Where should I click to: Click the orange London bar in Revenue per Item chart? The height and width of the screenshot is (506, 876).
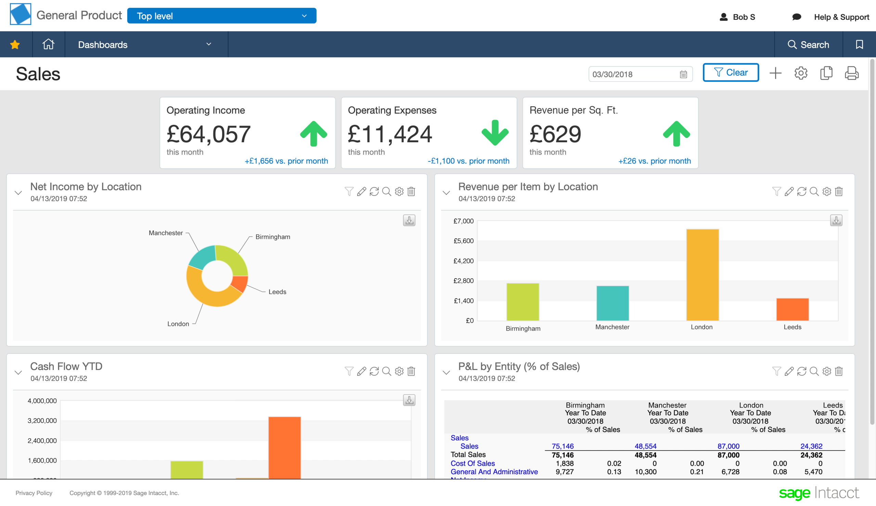click(x=702, y=274)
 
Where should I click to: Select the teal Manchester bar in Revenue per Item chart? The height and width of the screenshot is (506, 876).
click(x=613, y=303)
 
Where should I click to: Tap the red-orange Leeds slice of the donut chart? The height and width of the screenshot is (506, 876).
click(x=240, y=283)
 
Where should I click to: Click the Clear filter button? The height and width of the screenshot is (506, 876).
click(x=731, y=72)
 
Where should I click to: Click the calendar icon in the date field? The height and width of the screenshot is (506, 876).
click(x=683, y=74)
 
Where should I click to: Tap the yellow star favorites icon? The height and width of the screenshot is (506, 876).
click(x=15, y=44)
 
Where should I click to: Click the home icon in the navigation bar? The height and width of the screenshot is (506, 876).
click(x=48, y=44)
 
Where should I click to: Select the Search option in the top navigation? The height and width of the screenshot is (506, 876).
click(x=808, y=44)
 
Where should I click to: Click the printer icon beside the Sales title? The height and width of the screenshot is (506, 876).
click(x=851, y=73)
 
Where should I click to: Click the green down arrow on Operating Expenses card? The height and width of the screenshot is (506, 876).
click(x=495, y=133)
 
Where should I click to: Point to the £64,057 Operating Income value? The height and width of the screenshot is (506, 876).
click(x=209, y=134)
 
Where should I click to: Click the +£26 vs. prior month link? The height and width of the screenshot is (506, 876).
click(x=654, y=161)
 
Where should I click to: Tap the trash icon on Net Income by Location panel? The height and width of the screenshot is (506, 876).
click(x=411, y=191)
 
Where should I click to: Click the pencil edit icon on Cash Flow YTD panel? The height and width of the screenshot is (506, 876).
click(x=362, y=371)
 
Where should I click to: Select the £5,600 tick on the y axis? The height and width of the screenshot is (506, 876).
click(x=463, y=241)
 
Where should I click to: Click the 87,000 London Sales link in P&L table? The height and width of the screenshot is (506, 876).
click(x=728, y=446)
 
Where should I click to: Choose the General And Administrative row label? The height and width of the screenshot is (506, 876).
click(x=494, y=471)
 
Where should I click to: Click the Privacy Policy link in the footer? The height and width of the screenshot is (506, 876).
click(x=34, y=493)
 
